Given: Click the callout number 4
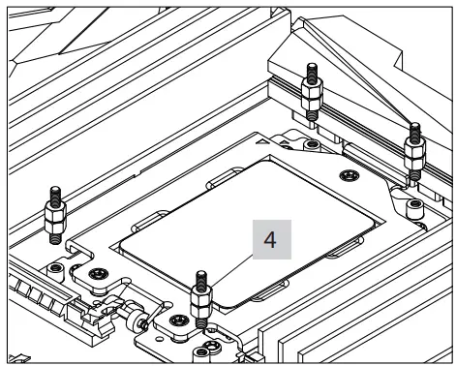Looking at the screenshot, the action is [x=270, y=240].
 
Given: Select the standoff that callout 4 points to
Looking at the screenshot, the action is [x=201, y=299].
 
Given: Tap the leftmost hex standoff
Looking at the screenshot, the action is [x=55, y=215].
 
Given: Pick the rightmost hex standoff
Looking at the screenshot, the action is [x=415, y=152].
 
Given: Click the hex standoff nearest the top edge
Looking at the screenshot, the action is [x=312, y=92].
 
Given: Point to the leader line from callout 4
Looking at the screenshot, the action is [x=231, y=270].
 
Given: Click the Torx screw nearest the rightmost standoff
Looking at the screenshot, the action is [x=350, y=175].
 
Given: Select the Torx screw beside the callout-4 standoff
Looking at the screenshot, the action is [x=179, y=320].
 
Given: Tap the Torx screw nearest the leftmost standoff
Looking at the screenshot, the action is [x=99, y=274].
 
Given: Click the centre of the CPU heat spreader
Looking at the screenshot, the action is [x=247, y=233].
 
